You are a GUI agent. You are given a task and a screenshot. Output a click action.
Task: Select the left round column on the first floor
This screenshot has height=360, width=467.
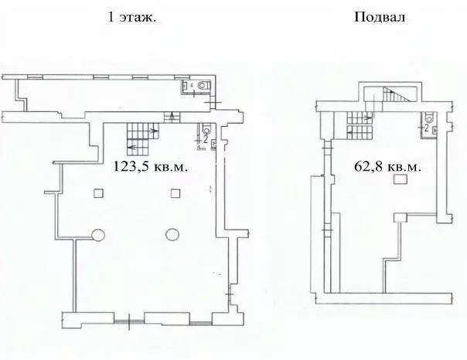tap(97, 235)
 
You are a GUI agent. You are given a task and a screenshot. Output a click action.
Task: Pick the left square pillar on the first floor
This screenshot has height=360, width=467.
tap(97, 192)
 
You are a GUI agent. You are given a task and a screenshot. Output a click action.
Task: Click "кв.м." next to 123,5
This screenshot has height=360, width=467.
tap(169, 165)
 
